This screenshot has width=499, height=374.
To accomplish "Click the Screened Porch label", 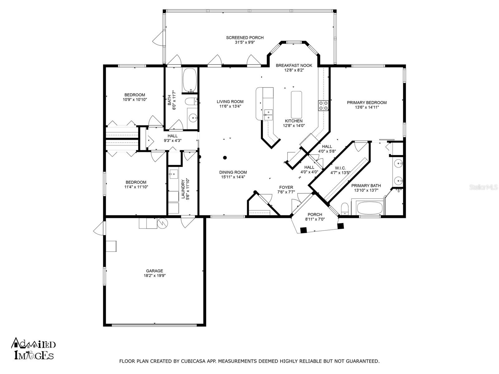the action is pos(245,38).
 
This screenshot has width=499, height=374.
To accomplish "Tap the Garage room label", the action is pos(154,271).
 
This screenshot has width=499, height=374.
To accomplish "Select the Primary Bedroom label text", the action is pos(367,103).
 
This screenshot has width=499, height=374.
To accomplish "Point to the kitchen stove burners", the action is pos(323,106).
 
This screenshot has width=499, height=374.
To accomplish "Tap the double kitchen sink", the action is pos(268,115).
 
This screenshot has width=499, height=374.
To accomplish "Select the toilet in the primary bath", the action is pos(345,209).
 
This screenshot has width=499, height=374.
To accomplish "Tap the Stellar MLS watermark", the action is pos(483,187).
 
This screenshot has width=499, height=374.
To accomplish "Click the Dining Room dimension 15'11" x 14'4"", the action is pos(233,177).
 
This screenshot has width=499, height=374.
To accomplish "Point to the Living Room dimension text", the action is pos(230,106).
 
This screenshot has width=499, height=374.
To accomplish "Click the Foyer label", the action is pos(286,187).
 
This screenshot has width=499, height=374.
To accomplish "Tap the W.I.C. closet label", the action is pos(340,168).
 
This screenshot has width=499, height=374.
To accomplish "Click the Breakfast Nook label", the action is pos(294,65).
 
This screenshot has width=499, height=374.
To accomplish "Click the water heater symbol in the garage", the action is pos(162,223).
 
